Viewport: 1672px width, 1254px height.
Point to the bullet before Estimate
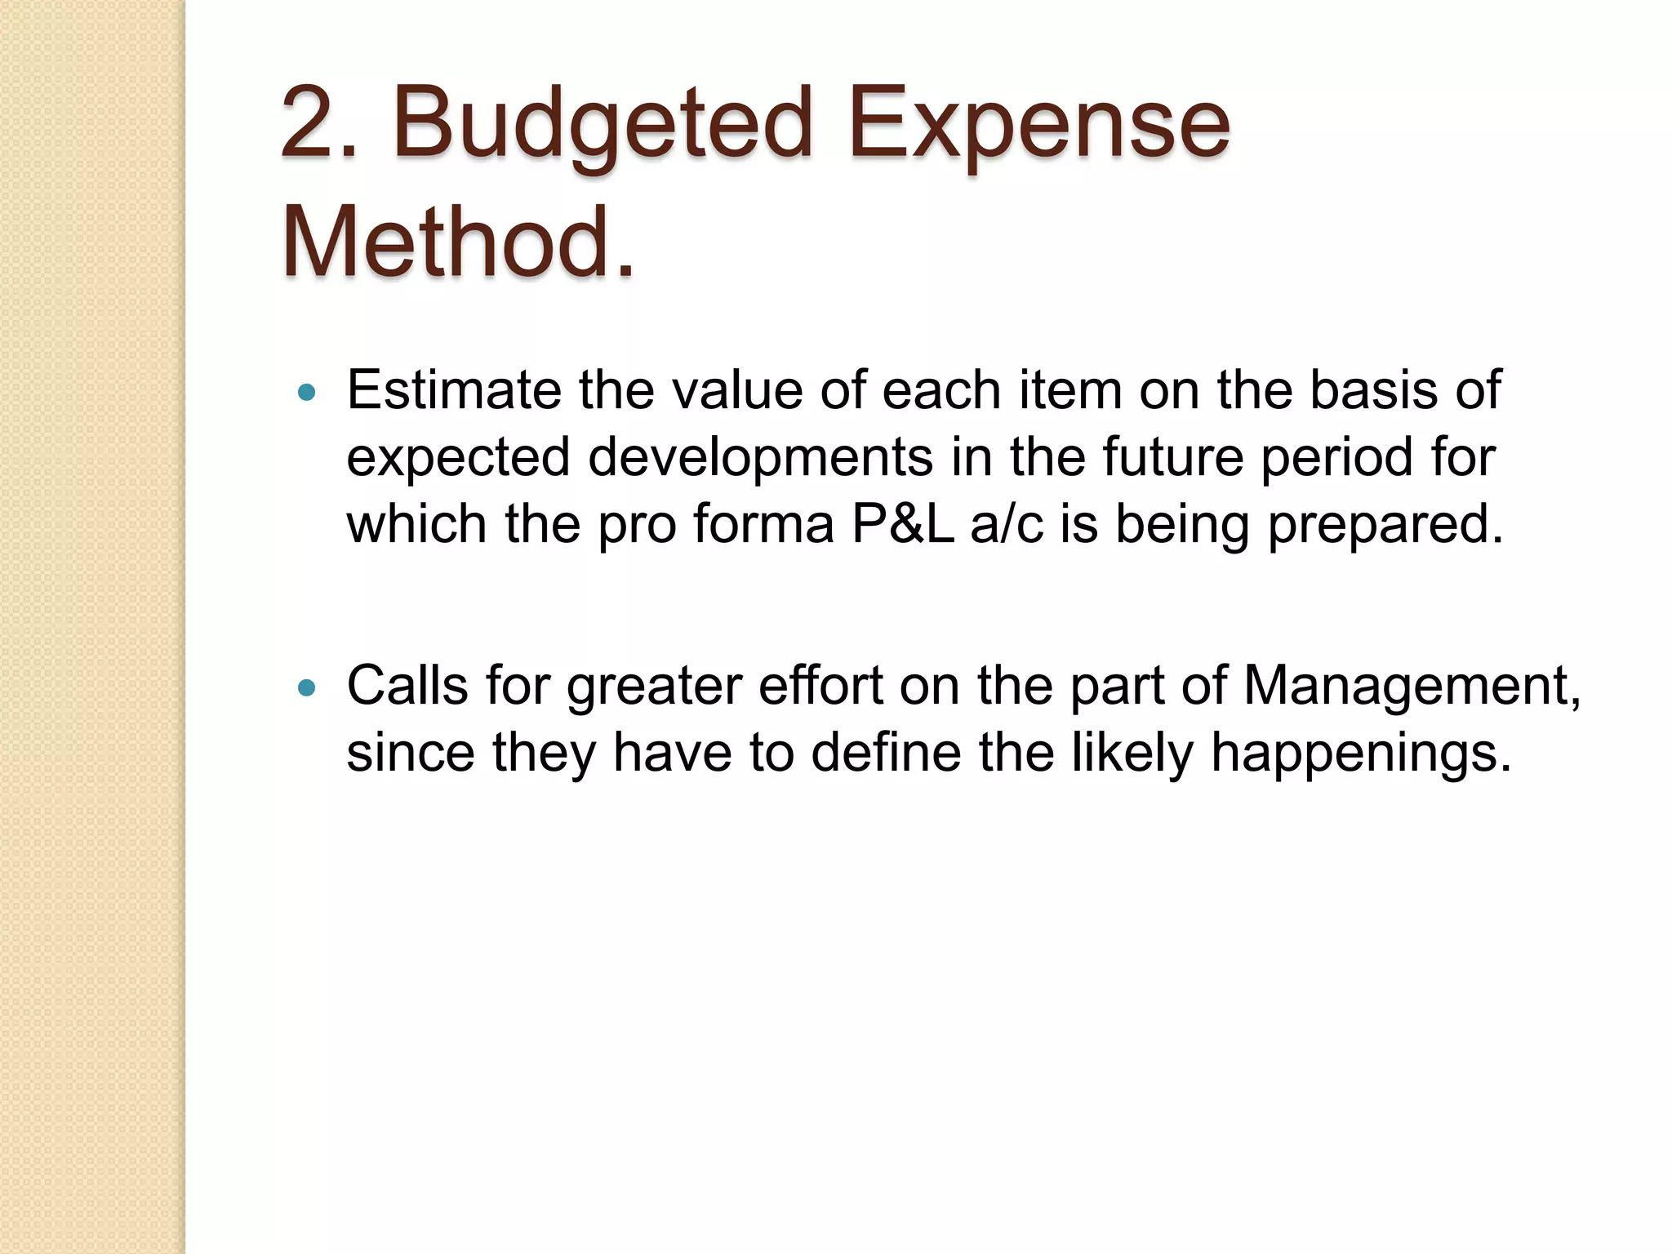pyautogui.click(x=307, y=394)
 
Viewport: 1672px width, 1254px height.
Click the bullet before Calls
pyautogui.click(x=307, y=688)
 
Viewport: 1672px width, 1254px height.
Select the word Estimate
pyautogui.click(x=454, y=390)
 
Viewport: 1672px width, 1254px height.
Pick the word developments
pyautogui.click(x=759, y=457)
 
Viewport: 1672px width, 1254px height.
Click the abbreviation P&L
pyautogui.click(x=902, y=524)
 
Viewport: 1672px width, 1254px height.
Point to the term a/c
pyautogui.click(x=1006, y=524)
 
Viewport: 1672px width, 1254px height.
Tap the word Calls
pyautogui.click(x=407, y=686)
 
